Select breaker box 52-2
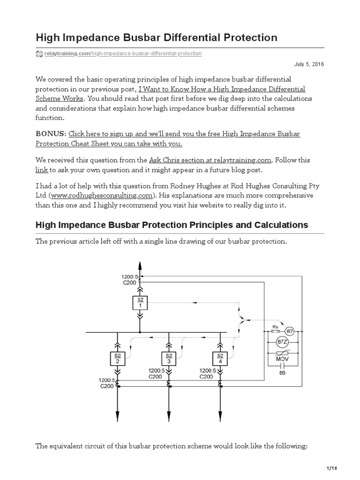click(117, 359)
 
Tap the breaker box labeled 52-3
click(168, 359)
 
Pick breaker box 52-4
click(220, 359)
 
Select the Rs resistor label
click(275, 327)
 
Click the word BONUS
click(51, 134)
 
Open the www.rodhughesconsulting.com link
click(97, 195)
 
